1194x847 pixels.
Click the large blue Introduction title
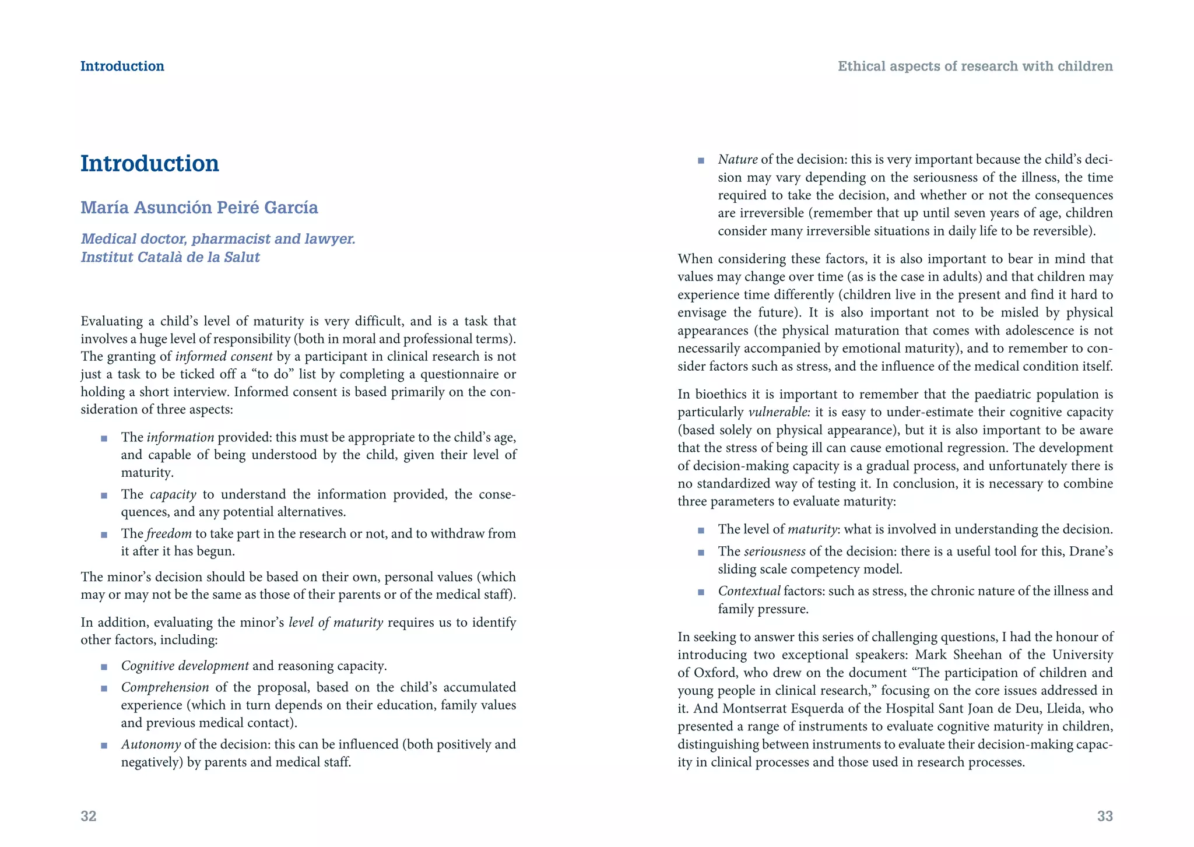[150, 164]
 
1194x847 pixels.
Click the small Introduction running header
[122, 66]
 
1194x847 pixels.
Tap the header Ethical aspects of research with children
[975, 66]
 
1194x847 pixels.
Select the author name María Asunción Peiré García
[199, 208]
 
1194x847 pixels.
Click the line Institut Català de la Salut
[170, 257]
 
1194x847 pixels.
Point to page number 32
[89, 816]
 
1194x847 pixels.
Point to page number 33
[1104, 816]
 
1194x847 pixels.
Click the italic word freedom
[169, 534]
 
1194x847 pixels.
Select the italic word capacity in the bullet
[173, 495]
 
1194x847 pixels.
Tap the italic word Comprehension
[165, 687]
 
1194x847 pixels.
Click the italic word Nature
[738, 160]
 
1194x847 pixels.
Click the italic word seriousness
[775, 551]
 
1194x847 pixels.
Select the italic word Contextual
[749, 591]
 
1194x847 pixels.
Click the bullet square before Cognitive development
[104, 667]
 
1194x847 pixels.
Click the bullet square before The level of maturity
[701, 530]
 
